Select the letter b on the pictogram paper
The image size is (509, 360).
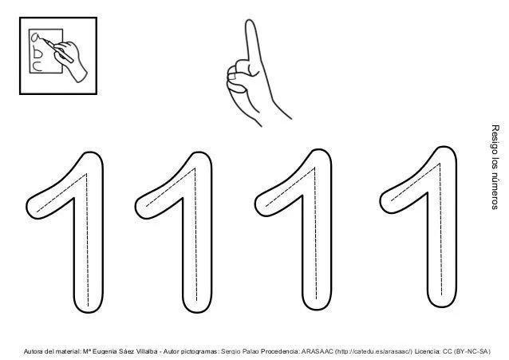pyautogui.click(x=37, y=53)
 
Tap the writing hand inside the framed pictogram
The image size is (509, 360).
pyautogui.click(x=76, y=60)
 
